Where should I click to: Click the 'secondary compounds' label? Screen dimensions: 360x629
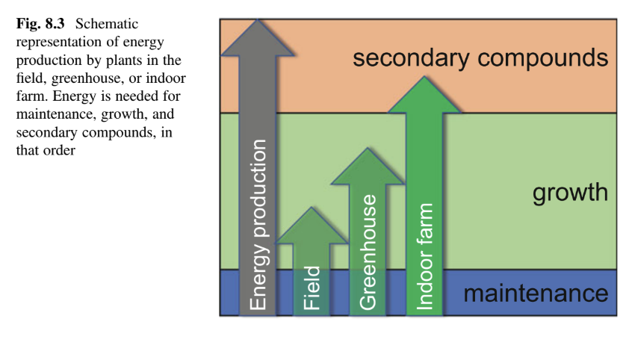pyautogui.click(x=478, y=58)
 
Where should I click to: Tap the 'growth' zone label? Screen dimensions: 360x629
pyautogui.click(x=570, y=193)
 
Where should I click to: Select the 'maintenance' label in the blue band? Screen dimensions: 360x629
pyautogui.click(x=536, y=293)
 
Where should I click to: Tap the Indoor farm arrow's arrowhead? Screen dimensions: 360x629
pyautogui.click(x=424, y=96)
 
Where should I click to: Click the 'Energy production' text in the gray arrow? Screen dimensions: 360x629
pyautogui.click(x=258, y=224)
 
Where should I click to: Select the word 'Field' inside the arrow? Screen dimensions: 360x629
pyautogui.click(x=312, y=288)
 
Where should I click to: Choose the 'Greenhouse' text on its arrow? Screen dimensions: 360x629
pyautogui.click(x=367, y=252)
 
